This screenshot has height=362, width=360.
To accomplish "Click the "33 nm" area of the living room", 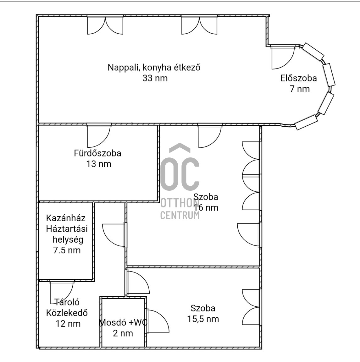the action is pos(155,78).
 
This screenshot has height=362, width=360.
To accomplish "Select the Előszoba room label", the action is pos(299,78).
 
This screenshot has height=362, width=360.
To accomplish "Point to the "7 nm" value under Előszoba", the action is pos(300,89).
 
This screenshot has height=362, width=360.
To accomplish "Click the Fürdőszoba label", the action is pos(97,153).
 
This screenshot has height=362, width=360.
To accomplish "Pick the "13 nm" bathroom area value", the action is pos(99,164).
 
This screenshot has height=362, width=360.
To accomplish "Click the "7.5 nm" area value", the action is pos(67,250).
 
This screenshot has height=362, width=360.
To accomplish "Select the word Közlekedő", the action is pos(67,313).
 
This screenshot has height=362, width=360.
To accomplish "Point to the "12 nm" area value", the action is pos(68,324).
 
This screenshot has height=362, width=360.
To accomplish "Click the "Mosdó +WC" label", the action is pos(123,322).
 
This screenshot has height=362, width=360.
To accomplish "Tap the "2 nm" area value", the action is pos(123,333).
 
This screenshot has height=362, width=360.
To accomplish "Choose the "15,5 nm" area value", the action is pos(203,319).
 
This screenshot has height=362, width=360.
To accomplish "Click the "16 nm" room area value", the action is pos(206,208).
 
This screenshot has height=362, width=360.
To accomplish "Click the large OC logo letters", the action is pos(180,170).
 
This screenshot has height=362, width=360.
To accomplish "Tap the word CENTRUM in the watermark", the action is pos(180,215).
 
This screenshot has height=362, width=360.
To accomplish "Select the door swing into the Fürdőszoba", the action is pos(99,136).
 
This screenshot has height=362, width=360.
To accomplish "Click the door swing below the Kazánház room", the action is pos(62,292).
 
